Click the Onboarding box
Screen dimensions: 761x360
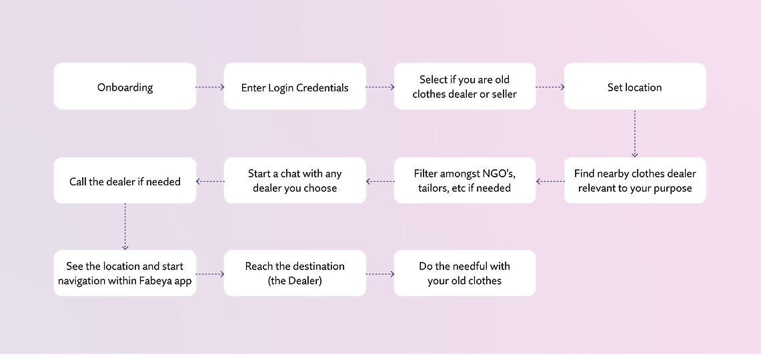click(x=125, y=86)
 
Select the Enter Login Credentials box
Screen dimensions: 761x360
click(x=295, y=86)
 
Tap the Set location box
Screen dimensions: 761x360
click(x=635, y=86)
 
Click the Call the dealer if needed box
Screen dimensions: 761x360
click(x=125, y=180)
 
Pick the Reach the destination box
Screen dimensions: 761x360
click(x=295, y=273)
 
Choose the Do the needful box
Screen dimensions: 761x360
click(x=465, y=273)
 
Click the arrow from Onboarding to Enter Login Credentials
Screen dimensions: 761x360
click(x=210, y=87)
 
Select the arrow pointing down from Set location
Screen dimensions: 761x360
click(x=635, y=133)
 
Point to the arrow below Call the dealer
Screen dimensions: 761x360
click(x=125, y=227)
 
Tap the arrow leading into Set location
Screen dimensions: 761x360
click(x=550, y=87)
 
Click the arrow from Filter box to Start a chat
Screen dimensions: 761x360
click(x=380, y=181)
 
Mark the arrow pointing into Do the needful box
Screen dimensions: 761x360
click(x=380, y=274)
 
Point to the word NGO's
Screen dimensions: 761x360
click(x=496, y=174)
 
